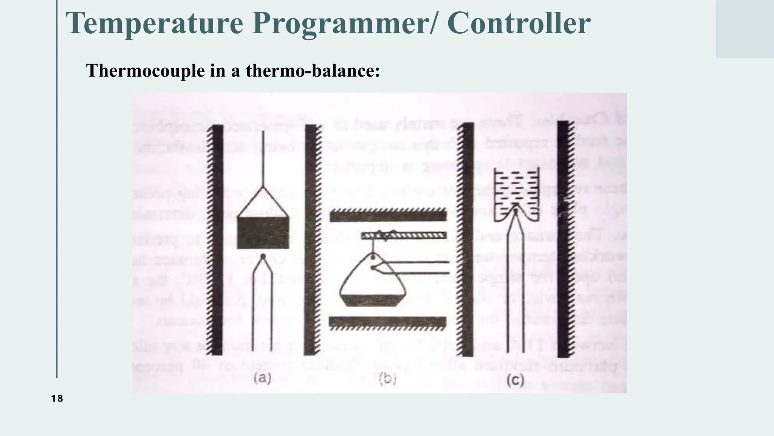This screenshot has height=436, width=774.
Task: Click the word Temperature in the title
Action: (x=154, y=23)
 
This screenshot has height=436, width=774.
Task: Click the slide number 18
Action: (x=57, y=399)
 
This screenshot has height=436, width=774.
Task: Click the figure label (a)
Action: (x=262, y=378)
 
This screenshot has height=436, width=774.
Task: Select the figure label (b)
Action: (x=387, y=379)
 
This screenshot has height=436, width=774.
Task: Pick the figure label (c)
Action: (x=515, y=380)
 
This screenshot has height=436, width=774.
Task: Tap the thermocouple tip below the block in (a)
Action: (x=263, y=257)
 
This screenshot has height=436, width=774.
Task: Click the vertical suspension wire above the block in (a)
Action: (x=263, y=159)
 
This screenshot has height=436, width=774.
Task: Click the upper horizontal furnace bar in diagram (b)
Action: (x=388, y=216)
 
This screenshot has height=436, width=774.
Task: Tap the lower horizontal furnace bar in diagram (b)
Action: (x=388, y=322)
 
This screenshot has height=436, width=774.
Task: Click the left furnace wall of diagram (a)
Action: (x=217, y=240)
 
